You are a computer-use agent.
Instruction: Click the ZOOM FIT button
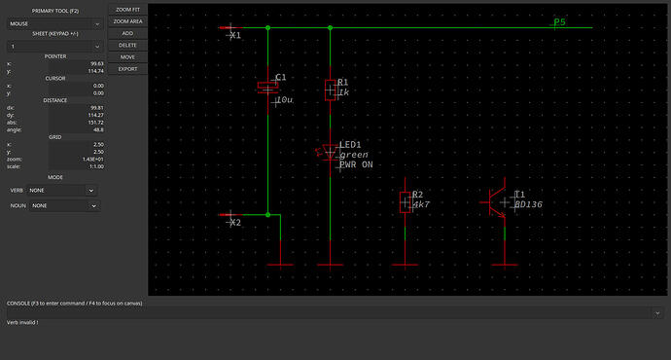[x=127, y=9]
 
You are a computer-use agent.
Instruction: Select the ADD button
[x=127, y=33]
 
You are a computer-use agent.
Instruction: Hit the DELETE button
[x=127, y=45]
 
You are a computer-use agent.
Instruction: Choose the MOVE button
[x=127, y=57]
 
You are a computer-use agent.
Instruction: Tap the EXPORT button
[x=127, y=69]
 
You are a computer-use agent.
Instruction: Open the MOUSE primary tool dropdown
[x=53, y=21]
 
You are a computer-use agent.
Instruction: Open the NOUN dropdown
[x=63, y=205]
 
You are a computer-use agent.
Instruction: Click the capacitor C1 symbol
[x=267, y=86]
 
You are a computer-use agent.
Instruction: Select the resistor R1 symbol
[x=331, y=90]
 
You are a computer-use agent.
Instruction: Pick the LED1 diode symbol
[x=330, y=151]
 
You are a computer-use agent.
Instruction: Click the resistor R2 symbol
[x=406, y=201]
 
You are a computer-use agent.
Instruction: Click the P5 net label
[x=559, y=21]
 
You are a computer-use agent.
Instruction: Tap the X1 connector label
[x=234, y=35]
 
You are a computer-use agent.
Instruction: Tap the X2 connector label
[x=234, y=222]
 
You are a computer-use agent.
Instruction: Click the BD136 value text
[x=528, y=205]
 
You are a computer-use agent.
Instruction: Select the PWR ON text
[x=355, y=165]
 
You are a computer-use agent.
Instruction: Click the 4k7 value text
[x=421, y=205]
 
